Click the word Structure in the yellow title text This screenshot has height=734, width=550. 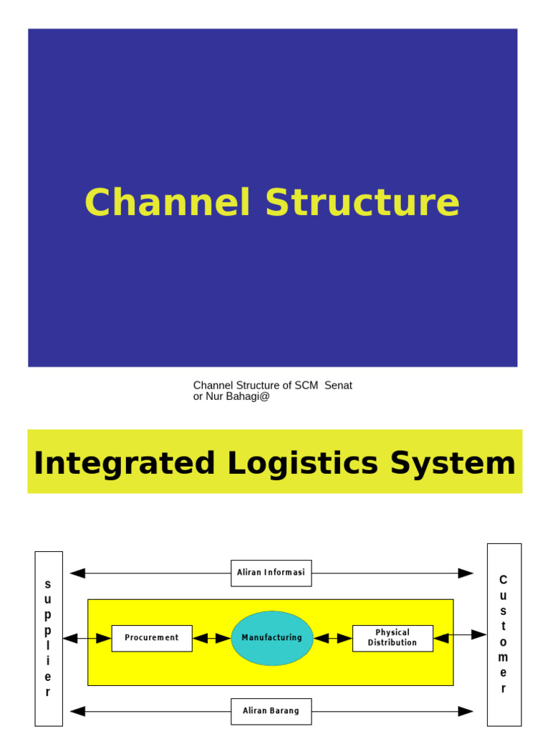click(362, 203)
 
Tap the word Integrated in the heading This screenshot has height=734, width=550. click(124, 463)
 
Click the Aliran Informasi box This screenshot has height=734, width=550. click(271, 573)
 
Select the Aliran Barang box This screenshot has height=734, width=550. click(271, 711)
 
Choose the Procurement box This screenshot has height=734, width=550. click(152, 638)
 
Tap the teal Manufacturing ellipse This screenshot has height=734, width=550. click(272, 638)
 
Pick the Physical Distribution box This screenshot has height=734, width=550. click(392, 638)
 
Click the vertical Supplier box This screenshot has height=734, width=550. click(48, 638)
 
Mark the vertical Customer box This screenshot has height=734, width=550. click(503, 634)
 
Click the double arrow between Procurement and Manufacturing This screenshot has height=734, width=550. click(211, 638)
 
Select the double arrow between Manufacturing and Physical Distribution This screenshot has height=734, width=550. click(333, 638)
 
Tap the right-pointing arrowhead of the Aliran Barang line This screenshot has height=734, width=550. click(465, 711)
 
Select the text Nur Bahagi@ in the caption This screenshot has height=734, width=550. click(237, 396)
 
